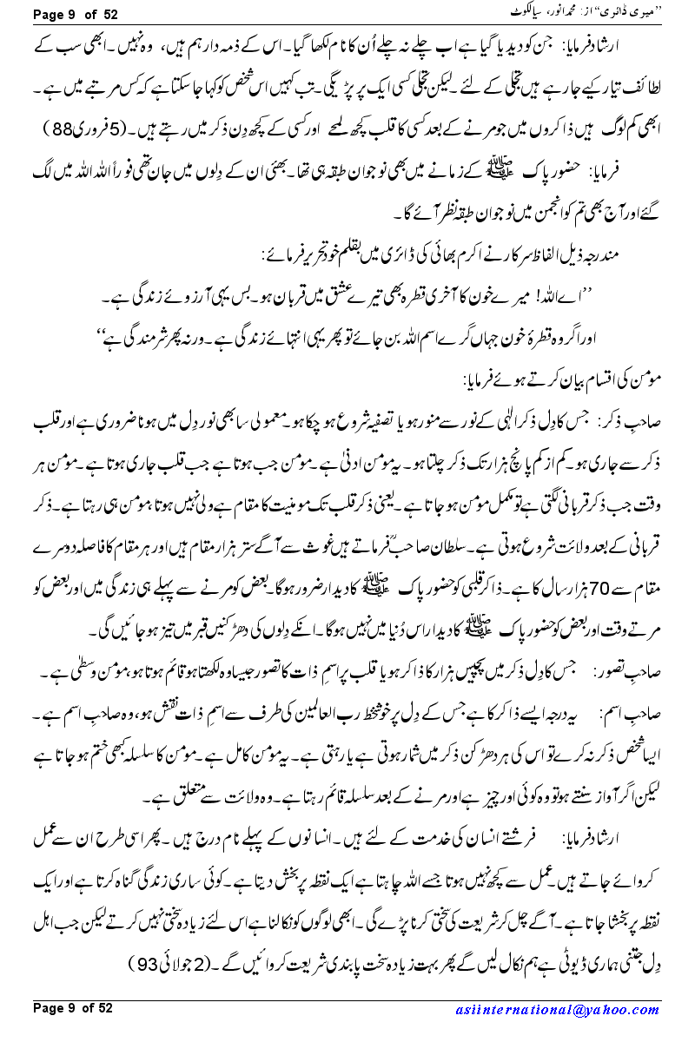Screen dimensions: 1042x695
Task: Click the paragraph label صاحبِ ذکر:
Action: tap(636, 422)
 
